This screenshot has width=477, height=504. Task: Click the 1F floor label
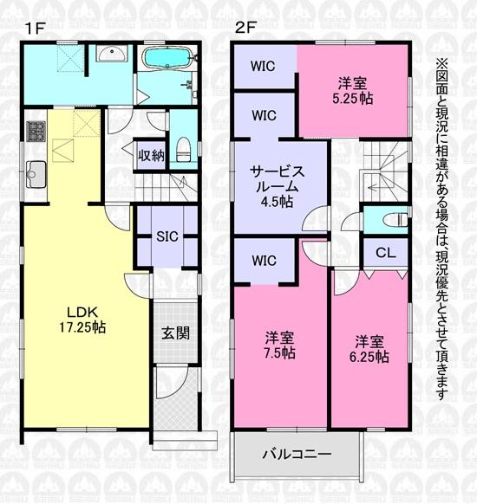coord(35,29)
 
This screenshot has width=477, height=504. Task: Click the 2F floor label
coord(245,28)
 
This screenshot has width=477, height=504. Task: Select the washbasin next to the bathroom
coord(112,53)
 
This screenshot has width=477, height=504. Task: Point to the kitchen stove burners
coord(36,131)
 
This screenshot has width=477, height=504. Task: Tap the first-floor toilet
coord(184,150)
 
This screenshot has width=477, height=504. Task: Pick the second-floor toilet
coord(395,221)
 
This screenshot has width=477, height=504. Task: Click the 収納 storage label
coord(151,156)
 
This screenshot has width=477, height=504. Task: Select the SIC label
coord(167,236)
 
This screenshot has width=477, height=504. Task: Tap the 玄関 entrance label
coord(175,333)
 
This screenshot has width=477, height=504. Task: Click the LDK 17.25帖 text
coord(82,320)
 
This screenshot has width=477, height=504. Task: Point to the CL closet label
coord(386,253)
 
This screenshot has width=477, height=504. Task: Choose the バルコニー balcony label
coord(297,454)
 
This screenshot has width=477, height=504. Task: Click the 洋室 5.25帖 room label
coord(352,91)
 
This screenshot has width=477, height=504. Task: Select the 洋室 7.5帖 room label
coord(279,346)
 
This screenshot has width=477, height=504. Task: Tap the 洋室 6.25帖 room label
coord(369,349)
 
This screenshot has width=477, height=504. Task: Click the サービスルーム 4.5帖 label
coord(278,186)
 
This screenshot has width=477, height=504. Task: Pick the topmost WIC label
coord(263,66)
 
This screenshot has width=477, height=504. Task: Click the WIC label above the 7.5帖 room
coord(264,261)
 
